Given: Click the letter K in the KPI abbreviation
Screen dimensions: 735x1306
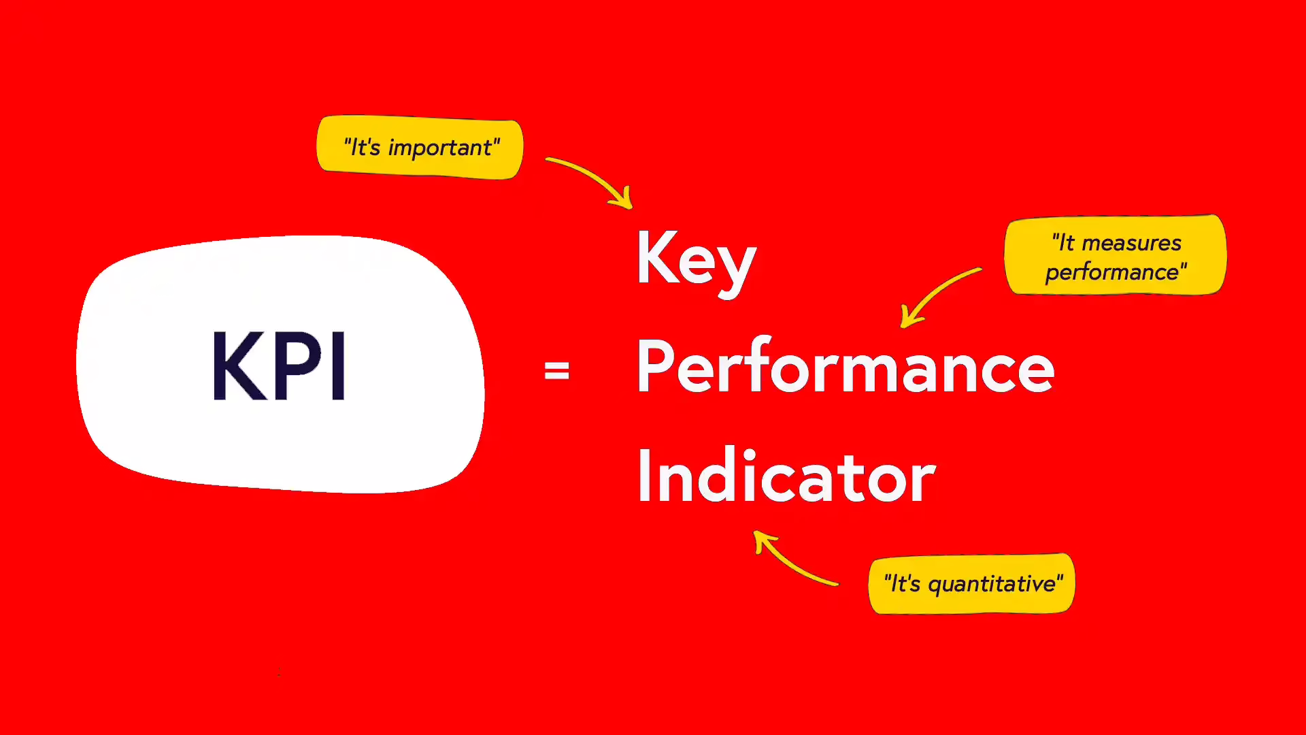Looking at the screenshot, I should pyautogui.click(x=238, y=365).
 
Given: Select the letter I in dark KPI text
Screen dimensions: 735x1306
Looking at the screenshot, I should pyautogui.click(x=338, y=365).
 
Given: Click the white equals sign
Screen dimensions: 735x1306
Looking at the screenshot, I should pyautogui.click(x=556, y=371).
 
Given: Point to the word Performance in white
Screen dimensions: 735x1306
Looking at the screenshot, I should pyautogui.click(x=845, y=367).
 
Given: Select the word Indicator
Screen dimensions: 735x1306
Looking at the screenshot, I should pyautogui.click(x=786, y=476).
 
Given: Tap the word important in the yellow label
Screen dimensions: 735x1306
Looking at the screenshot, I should pyautogui.click(x=440, y=148).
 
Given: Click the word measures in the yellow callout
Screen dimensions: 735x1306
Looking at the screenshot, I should pyautogui.click(x=1131, y=243).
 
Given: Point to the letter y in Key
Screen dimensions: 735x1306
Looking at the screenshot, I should pyautogui.click(x=737, y=269).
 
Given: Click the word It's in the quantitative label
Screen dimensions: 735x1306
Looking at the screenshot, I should pyautogui.click(x=905, y=584).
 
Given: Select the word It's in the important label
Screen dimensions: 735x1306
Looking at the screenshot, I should pyautogui.click(x=365, y=148).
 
